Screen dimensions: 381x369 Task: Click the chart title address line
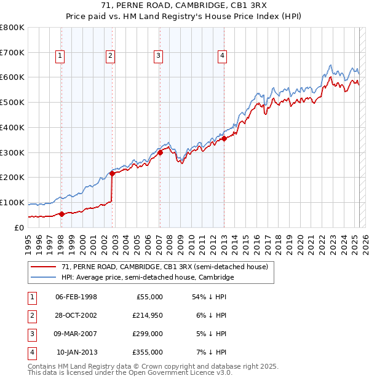point(184,7)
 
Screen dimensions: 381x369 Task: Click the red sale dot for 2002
point(112,173)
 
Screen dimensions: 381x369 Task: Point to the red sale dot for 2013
point(224,138)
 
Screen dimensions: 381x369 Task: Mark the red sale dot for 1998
point(61,214)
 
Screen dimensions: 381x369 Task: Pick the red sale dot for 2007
point(160,152)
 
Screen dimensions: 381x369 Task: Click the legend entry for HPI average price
point(148,278)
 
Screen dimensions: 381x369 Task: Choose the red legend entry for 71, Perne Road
point(164,267)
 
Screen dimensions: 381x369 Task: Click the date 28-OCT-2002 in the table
point(76,316)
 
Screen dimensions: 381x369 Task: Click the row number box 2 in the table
point(31,316)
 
